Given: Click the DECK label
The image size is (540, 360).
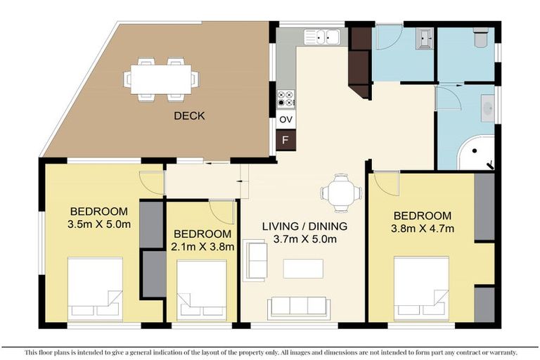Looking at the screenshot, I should (189, 116).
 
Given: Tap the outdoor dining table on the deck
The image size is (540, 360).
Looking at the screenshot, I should (161, 79).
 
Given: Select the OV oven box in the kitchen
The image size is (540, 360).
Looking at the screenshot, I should (285, 120).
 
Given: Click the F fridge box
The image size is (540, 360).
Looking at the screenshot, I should (285, 139).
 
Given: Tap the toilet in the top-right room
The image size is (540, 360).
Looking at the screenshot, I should (482, 37).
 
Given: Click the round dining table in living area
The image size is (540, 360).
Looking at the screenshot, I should (340, 193).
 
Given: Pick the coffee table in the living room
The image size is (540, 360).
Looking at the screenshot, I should (303, 269).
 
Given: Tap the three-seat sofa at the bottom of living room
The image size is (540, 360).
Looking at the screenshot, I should (298, 307).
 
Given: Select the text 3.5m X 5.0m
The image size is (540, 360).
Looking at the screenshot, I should (99, 224).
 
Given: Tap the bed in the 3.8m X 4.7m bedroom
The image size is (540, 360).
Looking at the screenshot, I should (421, 289).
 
